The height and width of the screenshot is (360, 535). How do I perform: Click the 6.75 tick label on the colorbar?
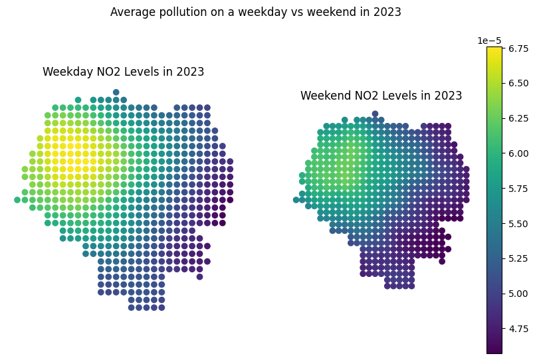[518, 48]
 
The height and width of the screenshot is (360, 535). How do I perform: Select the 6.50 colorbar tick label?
[518, 83]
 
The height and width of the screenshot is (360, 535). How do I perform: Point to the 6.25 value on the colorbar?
[518, 118]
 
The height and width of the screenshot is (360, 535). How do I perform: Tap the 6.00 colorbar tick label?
[518, 153]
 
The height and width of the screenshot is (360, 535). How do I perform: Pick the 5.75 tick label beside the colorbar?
[518, 189]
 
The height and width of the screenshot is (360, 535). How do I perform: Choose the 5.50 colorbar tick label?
[518, 224]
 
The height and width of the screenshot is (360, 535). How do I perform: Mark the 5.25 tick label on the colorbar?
[518, 258]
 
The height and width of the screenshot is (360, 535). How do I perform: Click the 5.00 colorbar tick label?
[518, 294]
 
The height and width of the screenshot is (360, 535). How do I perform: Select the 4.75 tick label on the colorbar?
[518, 329]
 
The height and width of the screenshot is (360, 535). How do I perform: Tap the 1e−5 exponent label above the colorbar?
[490, 41]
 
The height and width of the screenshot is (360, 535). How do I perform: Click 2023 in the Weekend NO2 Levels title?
[448, 96]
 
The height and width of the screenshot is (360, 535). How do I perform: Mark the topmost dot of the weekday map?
[116, 92]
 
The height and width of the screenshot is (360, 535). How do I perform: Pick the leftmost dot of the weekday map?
[17, 199]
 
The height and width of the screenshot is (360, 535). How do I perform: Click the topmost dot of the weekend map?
[375, 114]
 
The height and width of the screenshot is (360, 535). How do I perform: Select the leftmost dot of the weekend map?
[296, 199]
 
